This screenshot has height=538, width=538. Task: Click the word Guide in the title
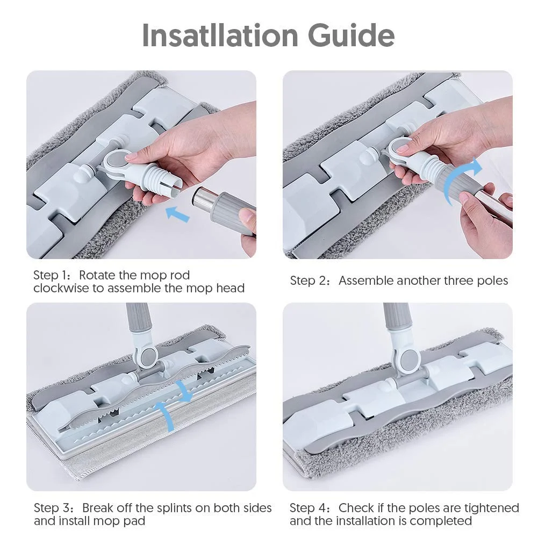pos(351,35)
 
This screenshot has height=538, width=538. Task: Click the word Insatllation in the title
pos(220,35)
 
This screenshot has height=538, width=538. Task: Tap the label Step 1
pos(52,275)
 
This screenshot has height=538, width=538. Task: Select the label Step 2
pos(310,281)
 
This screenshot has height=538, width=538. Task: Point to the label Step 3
pos(53,508)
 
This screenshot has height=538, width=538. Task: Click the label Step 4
pos(309,508)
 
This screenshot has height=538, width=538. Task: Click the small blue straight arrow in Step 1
pos(177,214)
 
